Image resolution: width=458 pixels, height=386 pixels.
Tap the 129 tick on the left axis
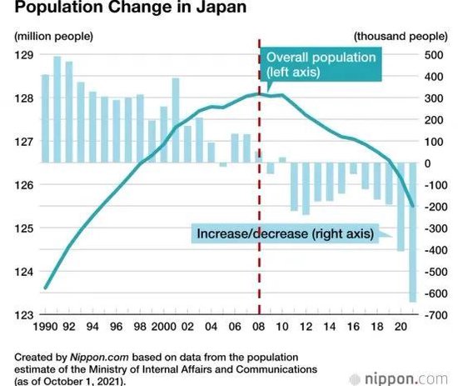tap(22, 55)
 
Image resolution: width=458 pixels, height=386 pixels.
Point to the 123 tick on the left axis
tap(22, 314)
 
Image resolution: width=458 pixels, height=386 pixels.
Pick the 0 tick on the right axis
tap(426, 163)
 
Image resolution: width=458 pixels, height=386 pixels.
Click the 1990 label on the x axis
tap(45, 328)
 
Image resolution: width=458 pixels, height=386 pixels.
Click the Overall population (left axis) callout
tap(320, 65)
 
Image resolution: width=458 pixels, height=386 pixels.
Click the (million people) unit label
tap(53, 36)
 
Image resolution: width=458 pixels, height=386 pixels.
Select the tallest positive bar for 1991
tap(57, 109)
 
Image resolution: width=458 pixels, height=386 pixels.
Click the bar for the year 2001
tap(176, 120)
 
